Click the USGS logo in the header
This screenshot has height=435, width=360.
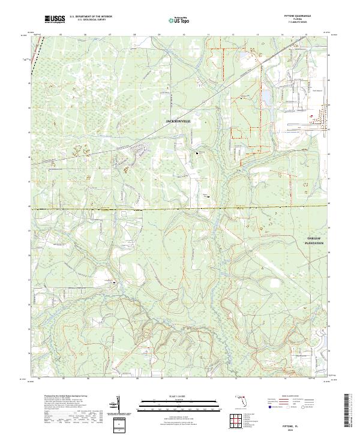pos(55,19)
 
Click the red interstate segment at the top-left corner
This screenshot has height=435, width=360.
pos(28,58)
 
